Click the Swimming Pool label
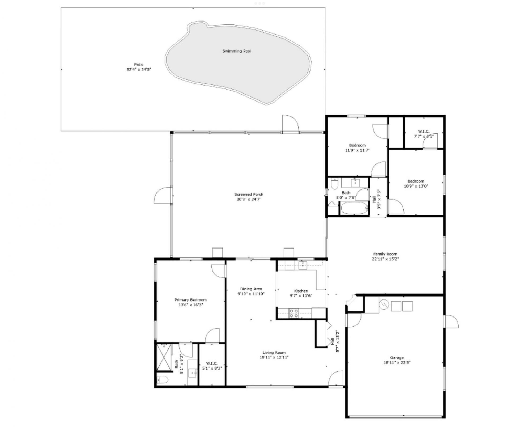coord(236,51)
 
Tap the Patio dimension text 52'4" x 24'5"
coord(139,69)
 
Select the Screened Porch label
coord(249,194)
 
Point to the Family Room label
coord(385,254)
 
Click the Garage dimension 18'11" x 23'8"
coord(397,362)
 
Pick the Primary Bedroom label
coord(190,300)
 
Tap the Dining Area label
coord(251,289)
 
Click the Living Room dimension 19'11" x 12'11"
coord(274,357)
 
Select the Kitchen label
coord(301,291)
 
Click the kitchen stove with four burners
coord(294,313)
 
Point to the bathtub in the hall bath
coord(354,208)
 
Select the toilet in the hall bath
coord(334,183)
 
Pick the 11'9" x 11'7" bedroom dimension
coord(357,150)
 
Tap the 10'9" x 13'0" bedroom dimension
coord(416,186)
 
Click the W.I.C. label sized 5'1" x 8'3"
coord(212,363)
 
